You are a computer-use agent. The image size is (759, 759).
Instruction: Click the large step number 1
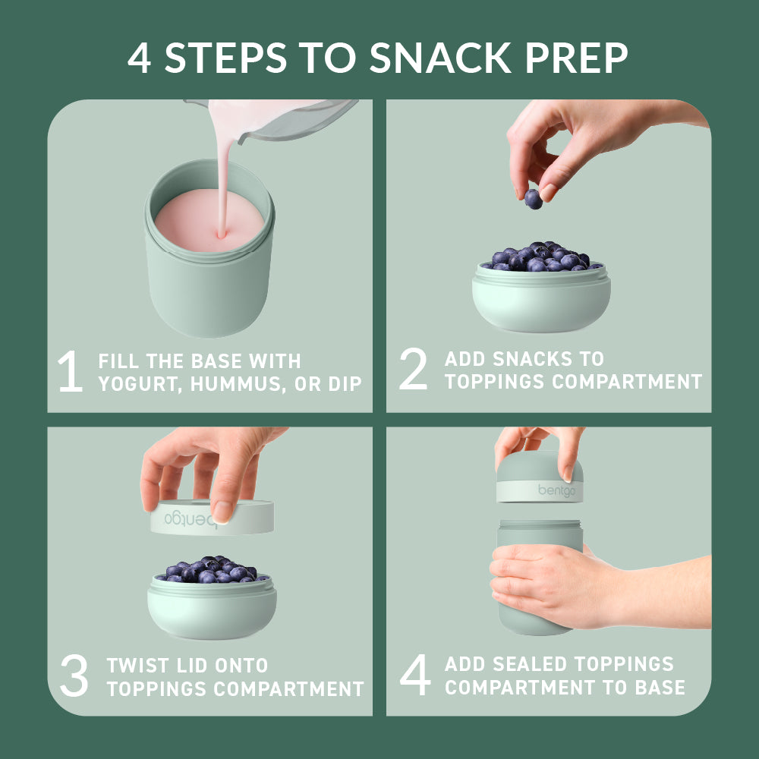[70, 372]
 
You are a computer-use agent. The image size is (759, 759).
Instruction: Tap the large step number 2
[413, 370]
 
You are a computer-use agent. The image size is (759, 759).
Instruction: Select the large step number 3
[74, 678]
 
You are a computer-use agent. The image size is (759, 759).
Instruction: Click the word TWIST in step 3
[137, 666]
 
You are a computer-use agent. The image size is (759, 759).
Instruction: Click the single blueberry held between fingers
[533, 199]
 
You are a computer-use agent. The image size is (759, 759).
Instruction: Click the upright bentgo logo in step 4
[557, 490]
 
